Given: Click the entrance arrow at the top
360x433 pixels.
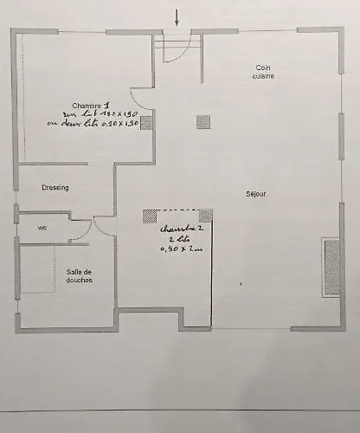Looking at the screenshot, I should (177, 16).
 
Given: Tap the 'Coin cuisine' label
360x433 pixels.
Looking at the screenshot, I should (264, 72).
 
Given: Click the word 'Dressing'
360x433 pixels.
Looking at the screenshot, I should (55, 187).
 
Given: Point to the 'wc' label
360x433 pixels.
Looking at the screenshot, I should (42, 228).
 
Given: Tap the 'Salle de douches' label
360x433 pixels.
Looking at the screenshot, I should (80, 275).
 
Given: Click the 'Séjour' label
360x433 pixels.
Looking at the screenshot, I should (256, 194).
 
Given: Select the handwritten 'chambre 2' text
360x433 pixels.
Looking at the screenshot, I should (181, 229).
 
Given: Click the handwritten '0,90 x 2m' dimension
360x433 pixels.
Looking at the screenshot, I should (179, 250).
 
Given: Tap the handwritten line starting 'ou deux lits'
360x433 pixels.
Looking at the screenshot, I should (94, 124).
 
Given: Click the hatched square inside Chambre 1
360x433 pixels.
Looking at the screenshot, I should (146, 122).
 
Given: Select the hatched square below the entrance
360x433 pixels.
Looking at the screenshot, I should (203, 121).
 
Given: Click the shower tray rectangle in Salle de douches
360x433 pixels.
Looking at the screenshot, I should (39, 269).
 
